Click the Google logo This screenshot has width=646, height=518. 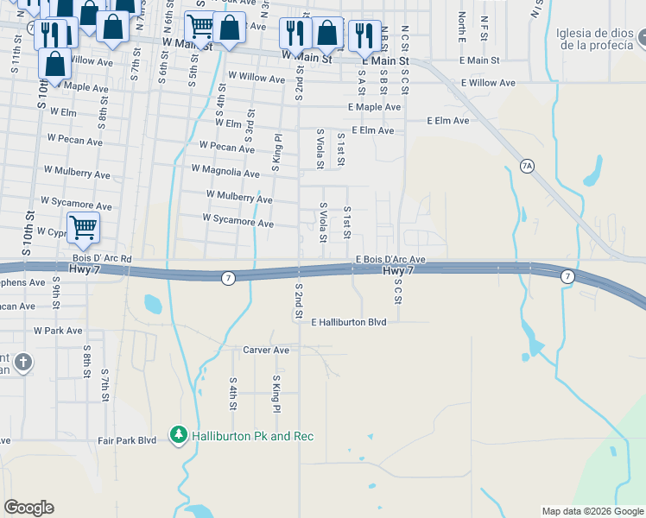28,508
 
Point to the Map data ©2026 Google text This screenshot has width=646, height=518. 592,511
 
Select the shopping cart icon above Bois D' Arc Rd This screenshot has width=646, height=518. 84,229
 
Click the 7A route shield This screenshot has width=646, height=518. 526,165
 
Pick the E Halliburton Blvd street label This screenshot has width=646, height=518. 348,321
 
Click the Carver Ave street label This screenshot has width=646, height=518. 265,351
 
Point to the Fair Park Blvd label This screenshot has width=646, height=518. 127,440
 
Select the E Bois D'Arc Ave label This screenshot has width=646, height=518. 390,259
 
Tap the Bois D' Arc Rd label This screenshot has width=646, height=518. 102,258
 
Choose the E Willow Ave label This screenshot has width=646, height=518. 487,83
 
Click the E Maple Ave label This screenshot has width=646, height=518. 375,107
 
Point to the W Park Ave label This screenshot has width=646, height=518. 58,331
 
